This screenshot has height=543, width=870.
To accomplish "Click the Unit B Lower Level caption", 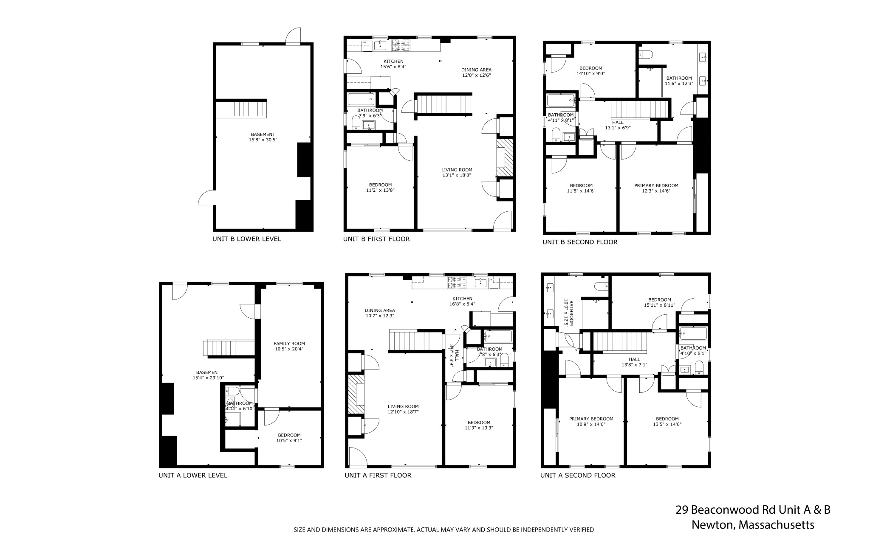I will pyautogui.click(x=246, y=239).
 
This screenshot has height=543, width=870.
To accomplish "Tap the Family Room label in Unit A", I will pyautogui.click(x=289, y=346).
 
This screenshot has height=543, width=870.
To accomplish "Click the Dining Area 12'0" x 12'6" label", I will pyautogui.click(x=476, y=73).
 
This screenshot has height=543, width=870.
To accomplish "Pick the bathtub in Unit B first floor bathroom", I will pyautogui.click(x=361, y=99).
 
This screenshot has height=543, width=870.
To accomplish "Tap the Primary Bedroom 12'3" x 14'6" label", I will pyautogui.click(x=656, y=188).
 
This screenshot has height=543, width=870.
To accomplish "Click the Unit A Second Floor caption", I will pyautogui.click(x=577, y=475).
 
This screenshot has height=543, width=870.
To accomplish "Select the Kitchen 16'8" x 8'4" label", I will pyautogui.click(x=462, y=301).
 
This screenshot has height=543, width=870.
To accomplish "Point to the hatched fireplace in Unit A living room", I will pyautogui.click(x=353, y=395).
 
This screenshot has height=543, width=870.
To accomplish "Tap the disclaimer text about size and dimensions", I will pyautogui.click(x=443, y=529).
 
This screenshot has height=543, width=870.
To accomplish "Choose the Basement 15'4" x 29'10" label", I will pyautogui.click(x=208, y=375).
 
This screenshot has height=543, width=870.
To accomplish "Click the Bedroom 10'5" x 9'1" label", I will pyautogui.click(x=289, y=438).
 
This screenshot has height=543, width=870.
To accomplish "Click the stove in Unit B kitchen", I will pyautogui.click(x=401, y=45).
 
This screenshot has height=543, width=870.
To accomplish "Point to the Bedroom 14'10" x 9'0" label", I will pyautogui.click(x=590, y=71).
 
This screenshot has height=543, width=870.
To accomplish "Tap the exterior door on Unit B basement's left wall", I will pyautogui.click(x=207, y=198).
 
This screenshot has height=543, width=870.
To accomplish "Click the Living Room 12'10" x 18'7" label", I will pyautogui.click(x=403, y=409).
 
